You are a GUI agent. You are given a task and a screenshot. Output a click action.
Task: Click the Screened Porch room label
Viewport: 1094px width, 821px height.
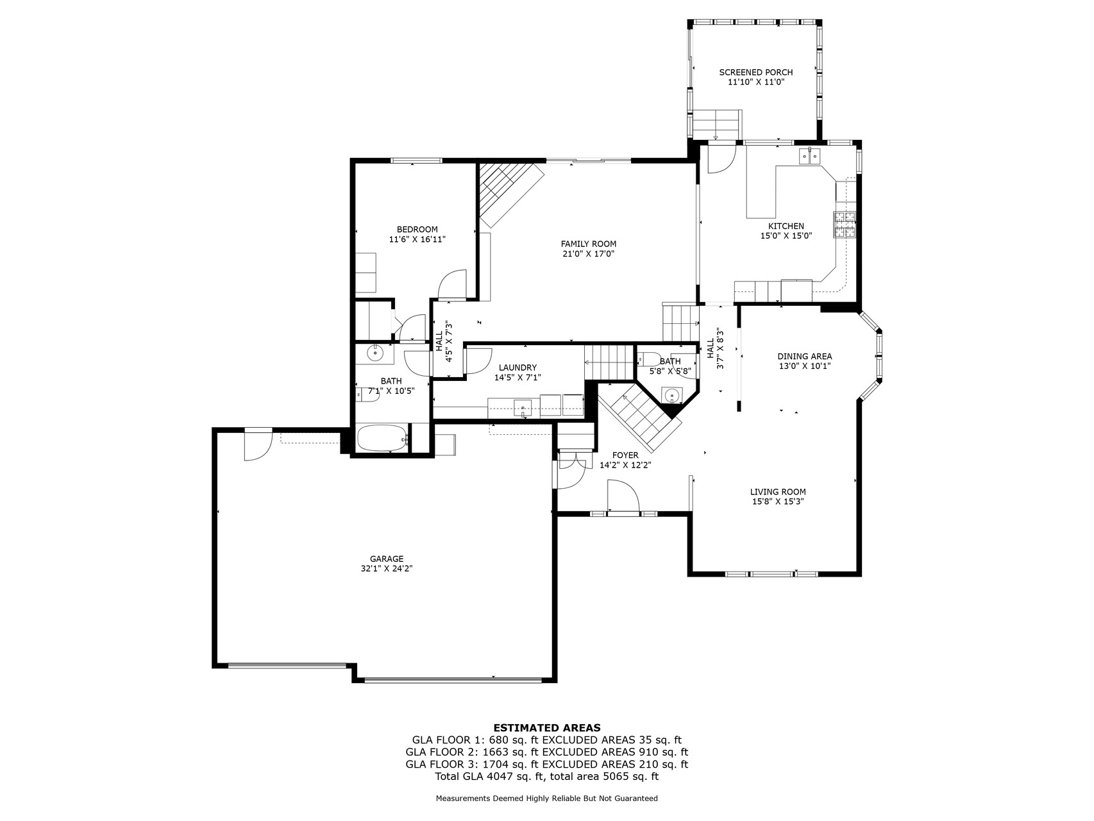(x=755, y=72)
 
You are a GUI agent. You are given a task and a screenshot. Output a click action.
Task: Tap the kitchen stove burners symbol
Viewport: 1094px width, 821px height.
(x=845, y=224)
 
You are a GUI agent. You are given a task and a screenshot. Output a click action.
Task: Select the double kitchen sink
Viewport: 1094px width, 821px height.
(x=809, y=156)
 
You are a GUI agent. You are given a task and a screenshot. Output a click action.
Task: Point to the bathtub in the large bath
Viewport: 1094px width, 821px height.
(x=382, y=439)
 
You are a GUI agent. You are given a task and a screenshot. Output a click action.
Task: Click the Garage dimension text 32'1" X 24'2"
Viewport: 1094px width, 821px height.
(x=386, y=568)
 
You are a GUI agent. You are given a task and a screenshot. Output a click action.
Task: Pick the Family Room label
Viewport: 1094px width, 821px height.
(x=588, y=244)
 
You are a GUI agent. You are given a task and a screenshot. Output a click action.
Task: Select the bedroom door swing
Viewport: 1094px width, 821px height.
(x=451, y=284)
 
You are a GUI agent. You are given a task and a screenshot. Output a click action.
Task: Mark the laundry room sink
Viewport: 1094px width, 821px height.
(x=523, y=407)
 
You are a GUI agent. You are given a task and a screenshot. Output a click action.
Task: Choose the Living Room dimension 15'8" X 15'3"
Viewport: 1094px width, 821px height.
(x=778, y=502)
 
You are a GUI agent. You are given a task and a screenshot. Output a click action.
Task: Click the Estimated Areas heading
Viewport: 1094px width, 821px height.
(x=546, y=727)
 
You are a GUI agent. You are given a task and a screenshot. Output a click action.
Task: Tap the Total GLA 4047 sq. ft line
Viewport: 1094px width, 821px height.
(x=546, y=776)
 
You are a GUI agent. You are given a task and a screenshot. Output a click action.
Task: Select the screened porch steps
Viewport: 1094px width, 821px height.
(x=717, y=124)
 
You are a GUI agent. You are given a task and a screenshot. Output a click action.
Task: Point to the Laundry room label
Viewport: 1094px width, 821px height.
(x=518, y=368)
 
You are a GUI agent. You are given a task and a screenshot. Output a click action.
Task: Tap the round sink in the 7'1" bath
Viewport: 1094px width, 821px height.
(x=374, y=352)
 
